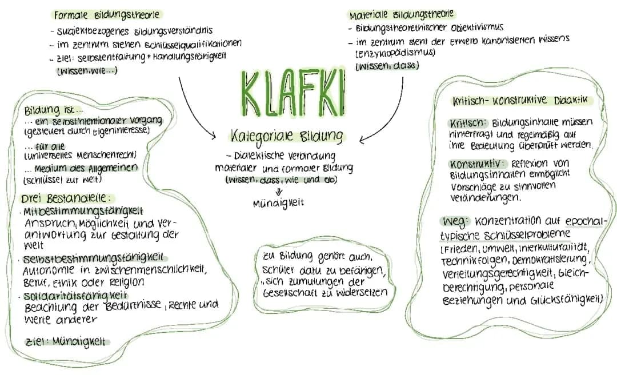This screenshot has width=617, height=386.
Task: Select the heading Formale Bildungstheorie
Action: [106, 14]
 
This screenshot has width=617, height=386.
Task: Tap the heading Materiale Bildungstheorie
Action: [402, 15]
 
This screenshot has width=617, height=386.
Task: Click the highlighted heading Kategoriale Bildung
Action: [287, 137]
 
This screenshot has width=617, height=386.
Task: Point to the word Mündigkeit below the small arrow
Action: [278, 202]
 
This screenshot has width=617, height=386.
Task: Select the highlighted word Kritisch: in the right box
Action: [468, 122]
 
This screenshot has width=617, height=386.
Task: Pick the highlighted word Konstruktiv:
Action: [476, 164]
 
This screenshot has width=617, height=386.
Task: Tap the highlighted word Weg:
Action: [456, 221]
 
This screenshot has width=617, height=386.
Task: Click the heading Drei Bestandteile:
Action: [64, 199]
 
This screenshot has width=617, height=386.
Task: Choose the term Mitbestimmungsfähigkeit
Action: [83, 211]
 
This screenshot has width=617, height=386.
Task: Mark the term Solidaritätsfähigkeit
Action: [75, 296]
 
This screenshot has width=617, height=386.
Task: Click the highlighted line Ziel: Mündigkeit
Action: [66, 342]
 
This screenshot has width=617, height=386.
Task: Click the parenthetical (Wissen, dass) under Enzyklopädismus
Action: [387, 66]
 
